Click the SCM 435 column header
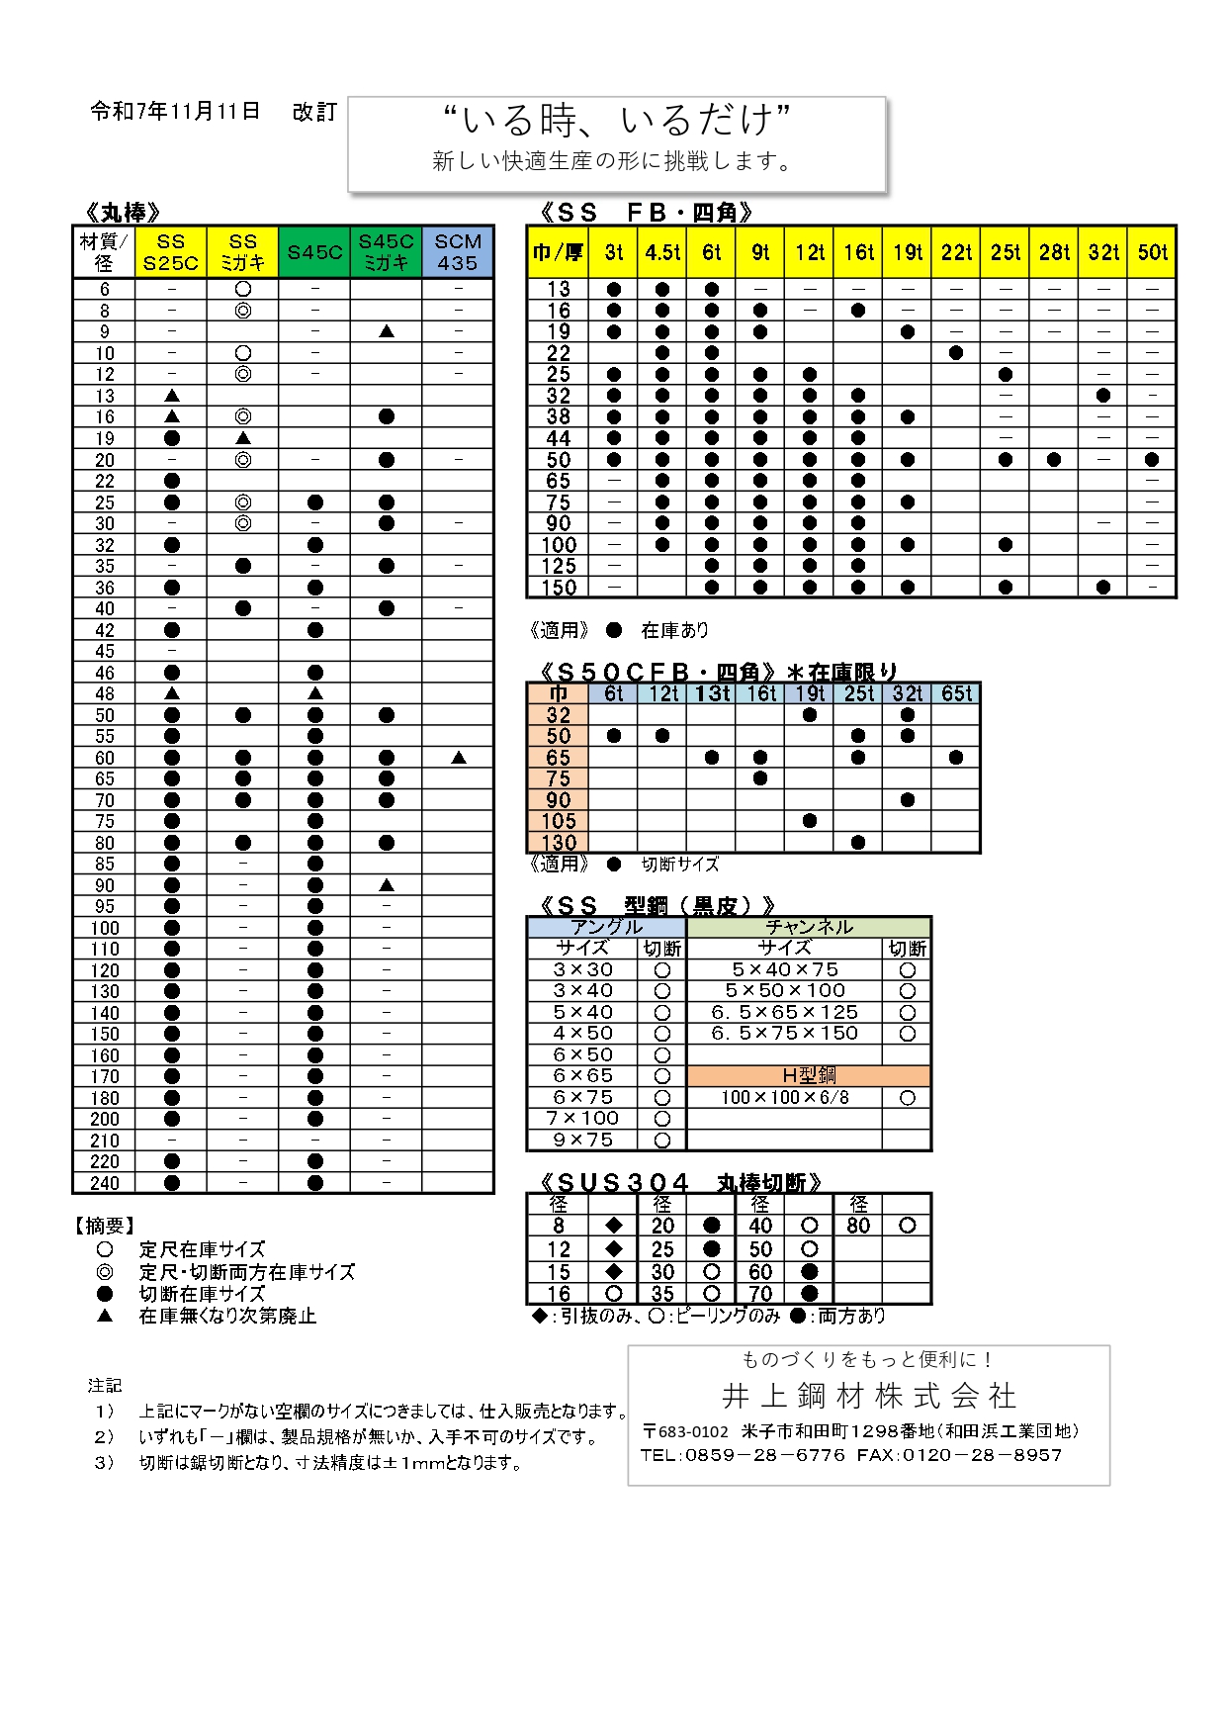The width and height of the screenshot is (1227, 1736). pyautogui.click(x=458, y=252)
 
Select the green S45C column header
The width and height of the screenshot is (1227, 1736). pyautogui.click(x=314, y=252)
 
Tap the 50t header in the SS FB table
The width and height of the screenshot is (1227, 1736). pyautogui.click(x=1152, y=252)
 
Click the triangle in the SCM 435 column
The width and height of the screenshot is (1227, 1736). pyautogui.click(x=458, y=758)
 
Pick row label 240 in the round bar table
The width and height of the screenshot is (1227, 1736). pyautogui.click(x=105, y=1183)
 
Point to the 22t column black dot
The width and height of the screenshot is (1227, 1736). pyautogui.click(x=956, y=353)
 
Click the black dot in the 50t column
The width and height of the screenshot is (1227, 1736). pyautogui.click(x=1152, y=460)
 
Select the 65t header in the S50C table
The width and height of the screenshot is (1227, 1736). pyautogui.click(x=956, y=693)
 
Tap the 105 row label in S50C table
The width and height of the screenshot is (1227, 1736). pyautogui.click(x=559, y=821)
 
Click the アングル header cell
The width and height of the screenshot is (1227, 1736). pyautogui.click(x=607, y=927)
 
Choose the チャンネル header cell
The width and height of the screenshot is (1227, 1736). pyautogui.click(x=809, y=927)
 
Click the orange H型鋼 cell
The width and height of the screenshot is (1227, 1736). pyautogui.click(x=809, y=1075)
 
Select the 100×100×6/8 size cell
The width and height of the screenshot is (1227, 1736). pyautogui.click(x=785, y=1097)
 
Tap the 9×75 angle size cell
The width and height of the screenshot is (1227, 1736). pyautogui.click(x=583, y=1140)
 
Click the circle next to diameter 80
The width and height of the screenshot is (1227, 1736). pyautogui.click(x=908, y=1226)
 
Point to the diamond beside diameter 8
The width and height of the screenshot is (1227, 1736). pyautogui.click(x=614, y=1226)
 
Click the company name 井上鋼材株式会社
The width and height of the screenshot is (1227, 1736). pyautogui.click(x=869, y=1396)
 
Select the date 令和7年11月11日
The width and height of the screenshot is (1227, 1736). pyautogui.click(x=175, y=112)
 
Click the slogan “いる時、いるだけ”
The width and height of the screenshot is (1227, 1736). pyautogui.click(x=616, y=121)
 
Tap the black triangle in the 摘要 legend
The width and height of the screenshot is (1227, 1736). pyautogui.click(x=105, y=1316)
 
